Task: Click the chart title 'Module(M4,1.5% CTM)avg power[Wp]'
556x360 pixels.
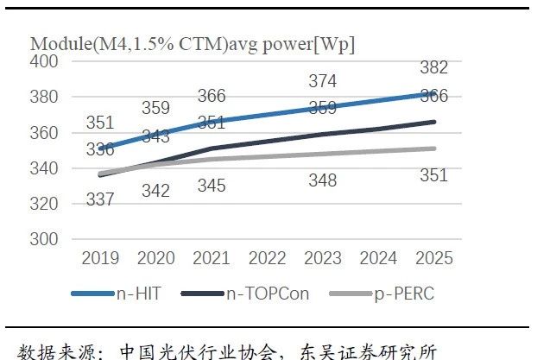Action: click(x=192, y=43)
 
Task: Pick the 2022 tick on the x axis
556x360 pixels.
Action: click(x=268, y=258)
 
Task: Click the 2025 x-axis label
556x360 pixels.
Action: click(x=433, y=258)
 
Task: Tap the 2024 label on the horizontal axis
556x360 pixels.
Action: click(x=378, y=258)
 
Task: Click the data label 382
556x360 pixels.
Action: click(x=433, y=68)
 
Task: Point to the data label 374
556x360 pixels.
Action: click(x=323, y=82)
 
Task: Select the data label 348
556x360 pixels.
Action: click(x=323, y=180)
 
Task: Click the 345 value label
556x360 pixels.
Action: click(x=212, y=185)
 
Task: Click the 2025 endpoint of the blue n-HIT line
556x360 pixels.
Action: click(x=433, y=93)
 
